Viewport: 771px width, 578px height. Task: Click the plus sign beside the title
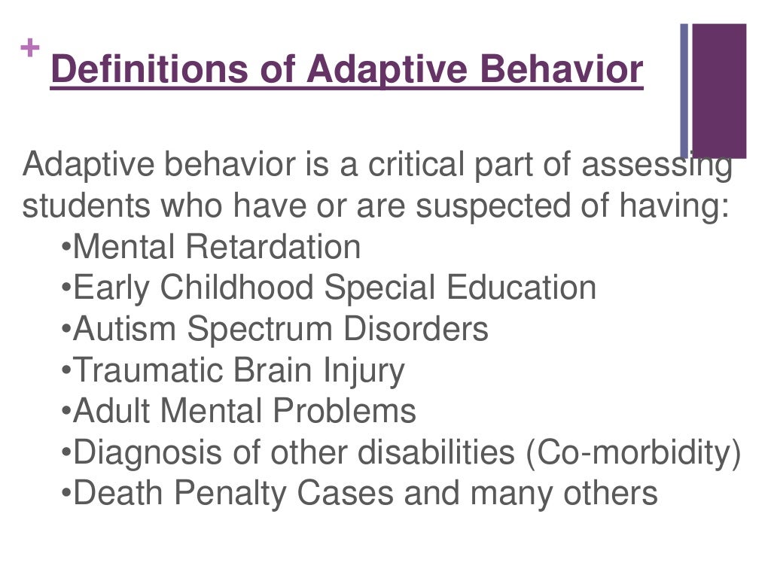pos(29,49)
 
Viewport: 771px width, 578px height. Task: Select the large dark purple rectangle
pos(719,90)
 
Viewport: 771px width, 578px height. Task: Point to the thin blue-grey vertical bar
pos(684,90)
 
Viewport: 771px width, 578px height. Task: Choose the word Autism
pos(126,330)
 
